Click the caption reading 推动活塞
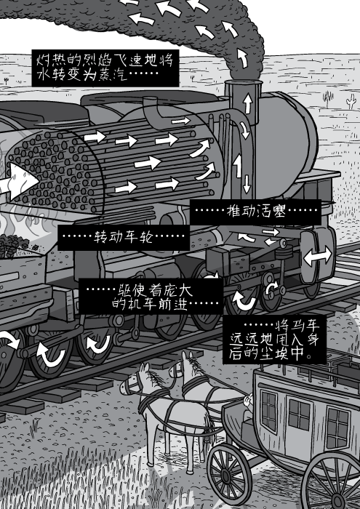coord(255,212)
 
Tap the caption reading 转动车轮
coord(124,238)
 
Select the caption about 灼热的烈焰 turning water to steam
coord(105,68)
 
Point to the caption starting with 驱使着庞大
coord(151,297)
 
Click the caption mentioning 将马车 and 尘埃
coord(274,340)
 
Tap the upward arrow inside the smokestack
coord(248,103)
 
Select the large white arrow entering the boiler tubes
coord(20,181)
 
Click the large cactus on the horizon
coord(328,99)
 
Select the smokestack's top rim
coord(244,82)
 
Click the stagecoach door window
coord(299,415)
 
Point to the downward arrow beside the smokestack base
coord(247,184)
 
